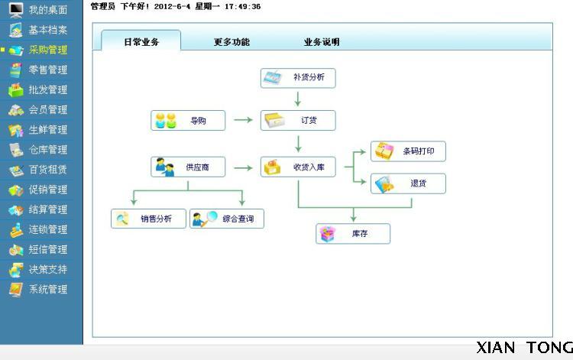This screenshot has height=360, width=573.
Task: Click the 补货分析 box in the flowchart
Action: point(298,78)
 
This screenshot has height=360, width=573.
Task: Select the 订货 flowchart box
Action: point(298,120)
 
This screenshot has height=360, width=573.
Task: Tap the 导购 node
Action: point(188,120)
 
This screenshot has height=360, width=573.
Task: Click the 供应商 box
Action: point(188,167)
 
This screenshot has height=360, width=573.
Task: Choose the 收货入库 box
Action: point(298,167)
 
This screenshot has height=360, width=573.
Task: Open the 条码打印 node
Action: point(408,151)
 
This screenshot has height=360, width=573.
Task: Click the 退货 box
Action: point(408,183)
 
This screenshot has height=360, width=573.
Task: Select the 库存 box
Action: point(353,234)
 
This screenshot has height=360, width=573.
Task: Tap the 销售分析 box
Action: point(148,219)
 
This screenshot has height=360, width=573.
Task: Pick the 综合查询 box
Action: point(227,219)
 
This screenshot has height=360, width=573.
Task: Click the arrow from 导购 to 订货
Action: point(243,120)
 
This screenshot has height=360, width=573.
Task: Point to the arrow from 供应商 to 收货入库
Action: point(243,167)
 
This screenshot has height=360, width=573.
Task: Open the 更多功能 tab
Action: point(231,42)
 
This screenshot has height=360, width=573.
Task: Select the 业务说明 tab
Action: point(322,42)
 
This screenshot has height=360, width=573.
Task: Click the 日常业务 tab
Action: point(141,42)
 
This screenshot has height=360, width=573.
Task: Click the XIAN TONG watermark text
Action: point(524,348)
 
